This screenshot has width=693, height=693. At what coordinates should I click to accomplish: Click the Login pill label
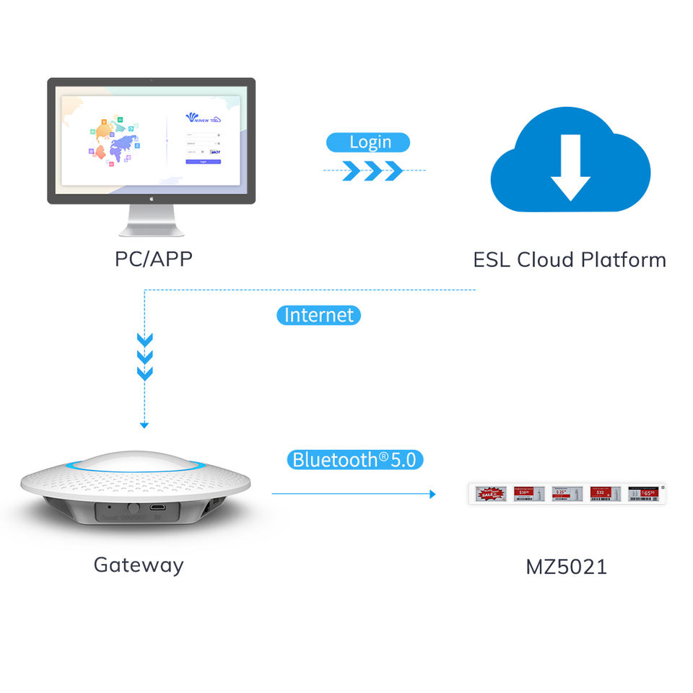[369, 142]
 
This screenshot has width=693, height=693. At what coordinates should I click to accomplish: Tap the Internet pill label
[318, 315]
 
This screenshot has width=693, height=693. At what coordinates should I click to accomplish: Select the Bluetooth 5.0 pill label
[354, 459]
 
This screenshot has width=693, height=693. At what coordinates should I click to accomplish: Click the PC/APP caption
[154, 259]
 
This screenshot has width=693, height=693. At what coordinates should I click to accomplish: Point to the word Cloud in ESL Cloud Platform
[563, 260]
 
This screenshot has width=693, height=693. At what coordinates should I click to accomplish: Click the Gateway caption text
[139, 565]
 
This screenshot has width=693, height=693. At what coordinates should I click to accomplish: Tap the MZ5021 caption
[566, 567]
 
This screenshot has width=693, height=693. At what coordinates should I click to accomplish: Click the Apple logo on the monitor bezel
[152, 197]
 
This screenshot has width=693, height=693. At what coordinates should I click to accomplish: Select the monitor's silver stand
[152, 219]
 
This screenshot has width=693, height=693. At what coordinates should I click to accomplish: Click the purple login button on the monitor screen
[203, 162]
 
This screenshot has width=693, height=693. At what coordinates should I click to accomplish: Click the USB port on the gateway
[157, 507]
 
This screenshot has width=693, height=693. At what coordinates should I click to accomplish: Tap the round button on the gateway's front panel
[132, 508]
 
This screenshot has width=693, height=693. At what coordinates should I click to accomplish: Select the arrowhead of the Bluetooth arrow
[432, 494]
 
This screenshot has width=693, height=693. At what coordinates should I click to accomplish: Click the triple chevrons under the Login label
[373, 171]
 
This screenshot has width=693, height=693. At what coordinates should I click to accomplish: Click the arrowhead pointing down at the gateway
[144, 424]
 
